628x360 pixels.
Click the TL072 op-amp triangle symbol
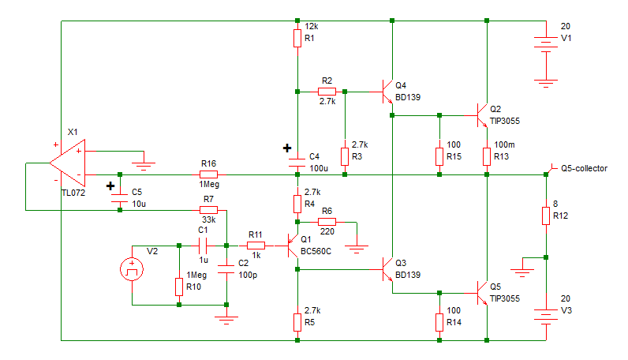(67, 163)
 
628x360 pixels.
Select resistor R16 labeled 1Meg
(208, 174)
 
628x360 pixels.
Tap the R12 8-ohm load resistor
(546, 216)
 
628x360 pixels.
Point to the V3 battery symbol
(546, 315)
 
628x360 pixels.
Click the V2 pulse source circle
(132, 269)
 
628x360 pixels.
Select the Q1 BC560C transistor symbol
(293, 246)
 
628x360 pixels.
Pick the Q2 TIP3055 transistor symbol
(481, 115)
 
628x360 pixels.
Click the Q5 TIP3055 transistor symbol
(481, 293)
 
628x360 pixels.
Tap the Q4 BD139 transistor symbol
(387, 92)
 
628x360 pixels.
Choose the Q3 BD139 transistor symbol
(387, 269)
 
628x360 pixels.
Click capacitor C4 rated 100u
(297, 163)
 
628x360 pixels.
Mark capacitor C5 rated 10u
(120, 198)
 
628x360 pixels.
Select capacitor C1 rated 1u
(203, 246)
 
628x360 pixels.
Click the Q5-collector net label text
(584, 168)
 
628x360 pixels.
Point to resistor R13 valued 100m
(487, 156)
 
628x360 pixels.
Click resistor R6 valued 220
(327, 222)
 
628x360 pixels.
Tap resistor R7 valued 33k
(208, 210)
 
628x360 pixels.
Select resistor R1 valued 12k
(297, 38)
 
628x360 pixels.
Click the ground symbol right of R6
(357, 249)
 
